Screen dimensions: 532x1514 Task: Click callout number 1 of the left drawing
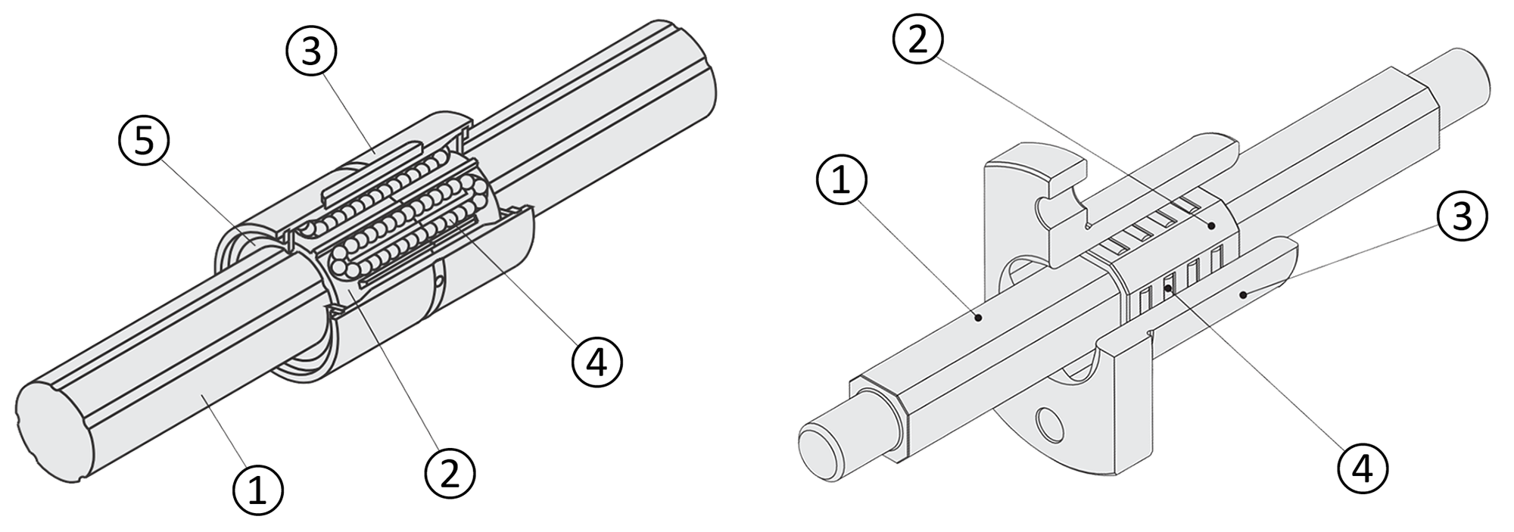click(x=257, y=490)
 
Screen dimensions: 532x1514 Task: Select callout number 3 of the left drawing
click(x=311, y=51)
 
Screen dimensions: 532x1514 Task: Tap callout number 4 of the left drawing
click(x=597, y=363)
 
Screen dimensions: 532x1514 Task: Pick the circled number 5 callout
click(x=144, y=143)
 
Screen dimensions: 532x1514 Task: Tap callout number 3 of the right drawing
click(x=1463, y=216)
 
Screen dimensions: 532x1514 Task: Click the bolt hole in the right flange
click(x=1050, y=424)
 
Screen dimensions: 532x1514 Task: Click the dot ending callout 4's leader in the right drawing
click(x=1168, y=288)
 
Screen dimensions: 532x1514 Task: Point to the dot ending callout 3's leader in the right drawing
click(x=1241, y=293)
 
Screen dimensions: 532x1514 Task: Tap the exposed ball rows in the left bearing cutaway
click(x=401, y=219)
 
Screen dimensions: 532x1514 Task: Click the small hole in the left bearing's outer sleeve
click(x=441, y=282)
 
